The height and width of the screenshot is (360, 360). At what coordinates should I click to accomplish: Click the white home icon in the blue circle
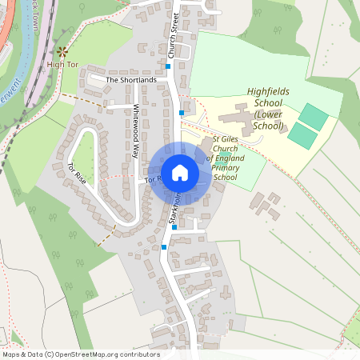(x=179, y=173)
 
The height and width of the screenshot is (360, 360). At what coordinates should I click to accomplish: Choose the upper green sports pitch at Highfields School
(x=313, y=118)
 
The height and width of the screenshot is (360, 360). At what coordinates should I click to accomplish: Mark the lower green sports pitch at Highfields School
(x=302, y=135)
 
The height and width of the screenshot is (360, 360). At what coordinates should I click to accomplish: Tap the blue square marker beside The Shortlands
(x=168, y=67)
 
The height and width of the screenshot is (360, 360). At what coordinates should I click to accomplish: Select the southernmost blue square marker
(x=164, y=247)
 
